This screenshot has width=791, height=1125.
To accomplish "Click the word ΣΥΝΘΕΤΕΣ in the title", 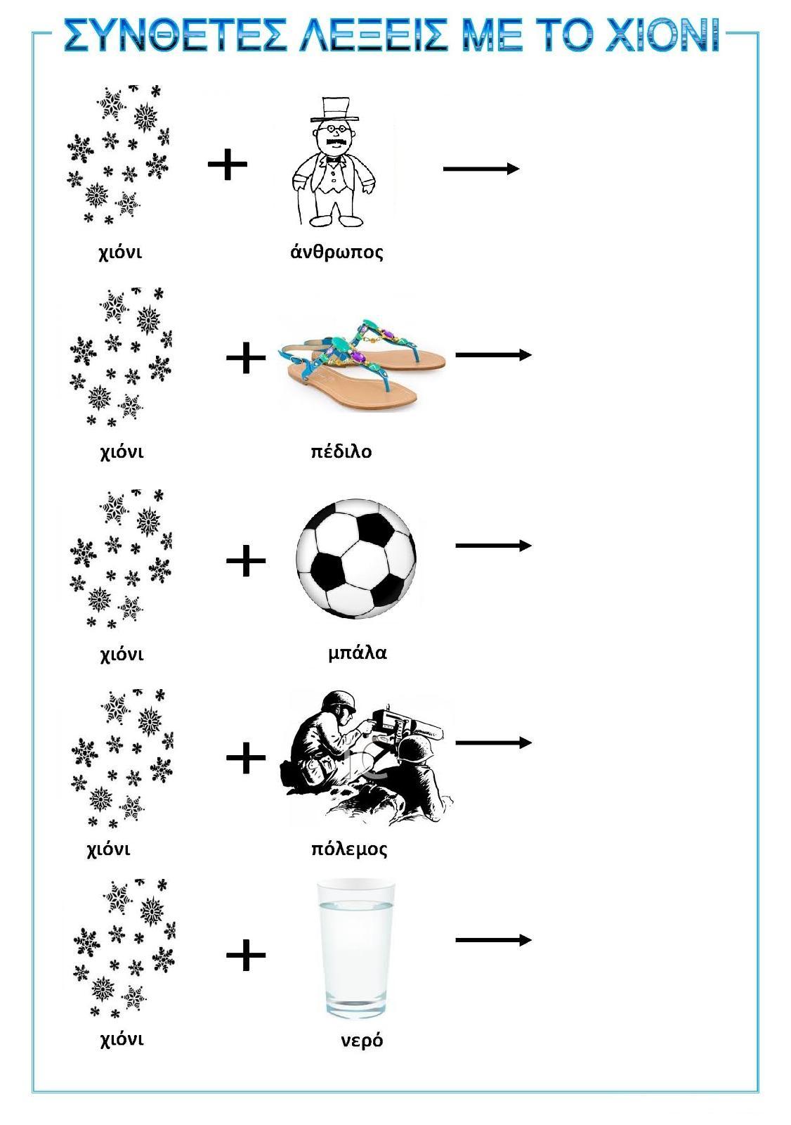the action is pyautogui.click(x=175, y=35).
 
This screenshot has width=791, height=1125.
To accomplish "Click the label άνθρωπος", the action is pyautogui.click(x=336, y=251).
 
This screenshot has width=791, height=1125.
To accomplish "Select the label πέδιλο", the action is pyautogui.click(x=341, y=451).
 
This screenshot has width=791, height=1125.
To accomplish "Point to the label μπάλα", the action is pyautogui.click(x=358, y=653).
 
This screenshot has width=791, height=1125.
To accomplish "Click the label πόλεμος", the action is pyautogui.click(x=349, y=849).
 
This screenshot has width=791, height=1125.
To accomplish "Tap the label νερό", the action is pyautogui.click(x=362, y=1040).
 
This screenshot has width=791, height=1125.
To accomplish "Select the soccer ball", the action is pyautogui.click(x=356, y=558).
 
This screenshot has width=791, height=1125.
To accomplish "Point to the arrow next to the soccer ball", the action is pyautogui.click(x=493, y=546).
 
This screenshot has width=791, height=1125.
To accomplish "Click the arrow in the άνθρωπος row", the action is pyautogui.click(x=481, y=168).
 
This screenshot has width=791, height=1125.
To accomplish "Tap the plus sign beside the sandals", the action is pyautogui.click(x=246, y=358).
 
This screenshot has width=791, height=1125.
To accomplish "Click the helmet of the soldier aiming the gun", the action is pyautogui.click(x=339, y=701).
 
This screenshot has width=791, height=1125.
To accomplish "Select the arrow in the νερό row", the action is pyautogui.click(x=493, y=939).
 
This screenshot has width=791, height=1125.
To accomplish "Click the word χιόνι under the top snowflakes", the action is pyautogui.click(x=120, y=252).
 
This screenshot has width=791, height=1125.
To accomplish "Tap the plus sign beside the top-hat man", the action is pyautogui.click(x=228, y=164).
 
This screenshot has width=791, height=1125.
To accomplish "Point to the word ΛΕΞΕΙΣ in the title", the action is pyautogui.click(x=374, y=35).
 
